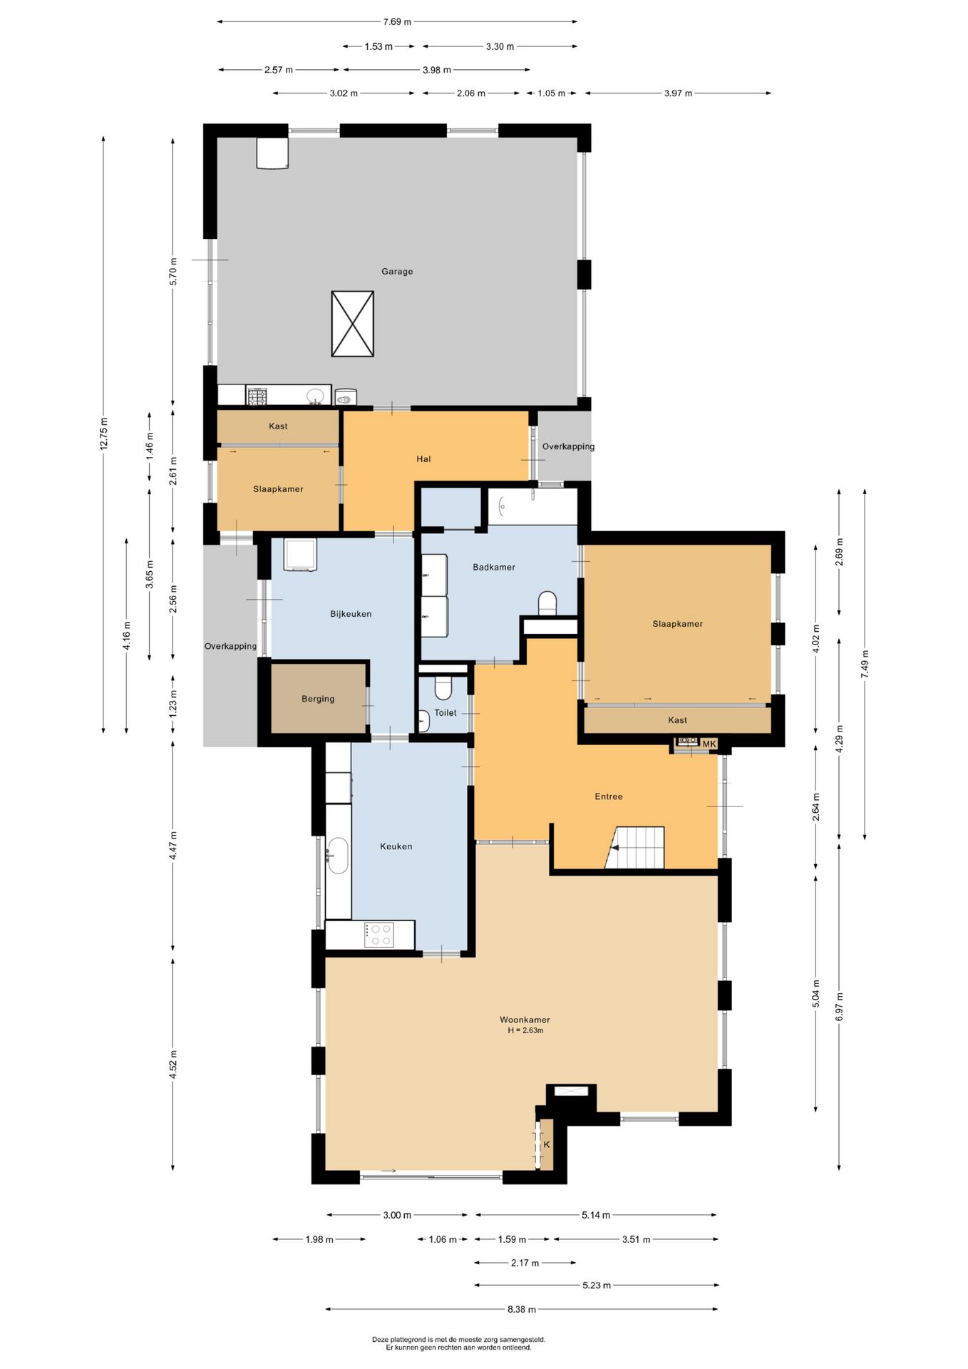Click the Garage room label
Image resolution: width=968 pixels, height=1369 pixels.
click(397, 272)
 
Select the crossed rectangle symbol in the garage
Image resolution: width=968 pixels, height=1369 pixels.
click(353, 324)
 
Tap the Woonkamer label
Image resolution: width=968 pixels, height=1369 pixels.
click(525, 1020)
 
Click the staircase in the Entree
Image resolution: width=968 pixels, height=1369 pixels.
click(635, 848)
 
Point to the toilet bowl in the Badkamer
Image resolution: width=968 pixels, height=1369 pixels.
click(547, 603)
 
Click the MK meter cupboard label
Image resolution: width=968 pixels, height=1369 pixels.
click(709, 744)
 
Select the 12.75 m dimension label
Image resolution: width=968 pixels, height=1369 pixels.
click(104, 434)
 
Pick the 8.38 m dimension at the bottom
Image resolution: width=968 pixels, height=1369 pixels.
click(522, 1309)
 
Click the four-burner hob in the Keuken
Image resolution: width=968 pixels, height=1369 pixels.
click(379, 935)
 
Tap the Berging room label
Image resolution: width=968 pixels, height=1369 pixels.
click(318, 699)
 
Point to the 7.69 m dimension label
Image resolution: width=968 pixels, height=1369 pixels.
click(397, 22)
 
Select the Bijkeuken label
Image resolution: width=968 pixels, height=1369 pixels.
click(351, 614)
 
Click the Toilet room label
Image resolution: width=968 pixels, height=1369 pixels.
click(446, 713)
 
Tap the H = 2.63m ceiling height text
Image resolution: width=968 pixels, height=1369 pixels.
click(525, 1031)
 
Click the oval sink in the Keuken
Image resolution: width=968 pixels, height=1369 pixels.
click(337, 856)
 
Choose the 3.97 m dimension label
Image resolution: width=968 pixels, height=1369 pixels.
click(678, 93)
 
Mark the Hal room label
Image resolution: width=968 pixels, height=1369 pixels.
click(423, 459)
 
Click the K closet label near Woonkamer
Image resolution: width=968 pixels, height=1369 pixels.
click(547, 1144)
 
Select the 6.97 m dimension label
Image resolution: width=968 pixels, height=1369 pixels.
click(839, 1007)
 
